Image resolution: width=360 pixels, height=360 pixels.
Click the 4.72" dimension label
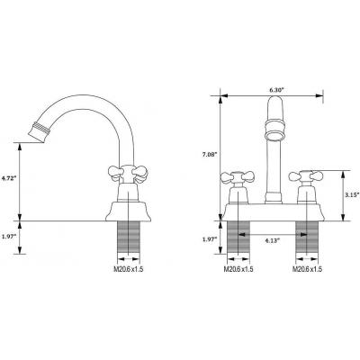click(7, 178)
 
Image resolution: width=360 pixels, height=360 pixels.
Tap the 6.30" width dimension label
click(276, 90)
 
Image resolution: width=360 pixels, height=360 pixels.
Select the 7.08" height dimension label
click(210, 155)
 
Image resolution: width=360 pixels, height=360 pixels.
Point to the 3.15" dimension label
click(353, 194)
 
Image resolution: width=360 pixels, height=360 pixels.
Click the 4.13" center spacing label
click(273, 240)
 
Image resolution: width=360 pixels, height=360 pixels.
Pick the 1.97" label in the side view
click(8, 237)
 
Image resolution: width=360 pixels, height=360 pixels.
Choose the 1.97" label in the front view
click(210, 239)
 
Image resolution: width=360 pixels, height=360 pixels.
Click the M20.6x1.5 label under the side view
click(129, 269)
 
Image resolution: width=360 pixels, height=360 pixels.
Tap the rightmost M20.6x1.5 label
click(307, 269)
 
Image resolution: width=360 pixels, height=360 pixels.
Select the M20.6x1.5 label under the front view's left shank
click(238, 269)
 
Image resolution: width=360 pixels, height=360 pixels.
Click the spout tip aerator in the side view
click(39, 132)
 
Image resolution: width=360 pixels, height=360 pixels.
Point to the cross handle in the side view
click(128, 174)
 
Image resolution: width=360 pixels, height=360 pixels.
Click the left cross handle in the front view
click(238, 177)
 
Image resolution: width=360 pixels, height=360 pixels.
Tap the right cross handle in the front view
click(306, 176)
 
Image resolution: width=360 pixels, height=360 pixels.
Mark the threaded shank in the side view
click(128, 238)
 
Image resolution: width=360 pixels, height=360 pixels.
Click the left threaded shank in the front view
click(238, 238)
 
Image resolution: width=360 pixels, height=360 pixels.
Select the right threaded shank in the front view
click(307, 238)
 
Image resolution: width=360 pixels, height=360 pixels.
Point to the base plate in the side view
click(128, 211)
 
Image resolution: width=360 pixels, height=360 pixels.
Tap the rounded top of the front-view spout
click(274, 103)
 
